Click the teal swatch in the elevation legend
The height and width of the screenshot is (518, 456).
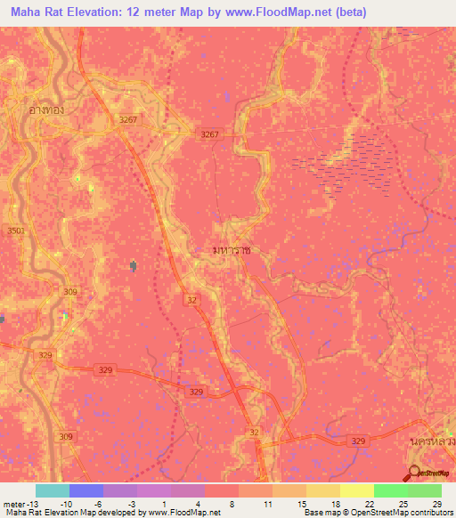click(53, 490)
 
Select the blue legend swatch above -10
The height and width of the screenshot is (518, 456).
click(86, 490)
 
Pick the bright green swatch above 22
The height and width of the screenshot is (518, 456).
click(391, 490)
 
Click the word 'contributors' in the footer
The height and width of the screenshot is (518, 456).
click(429, 514)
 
